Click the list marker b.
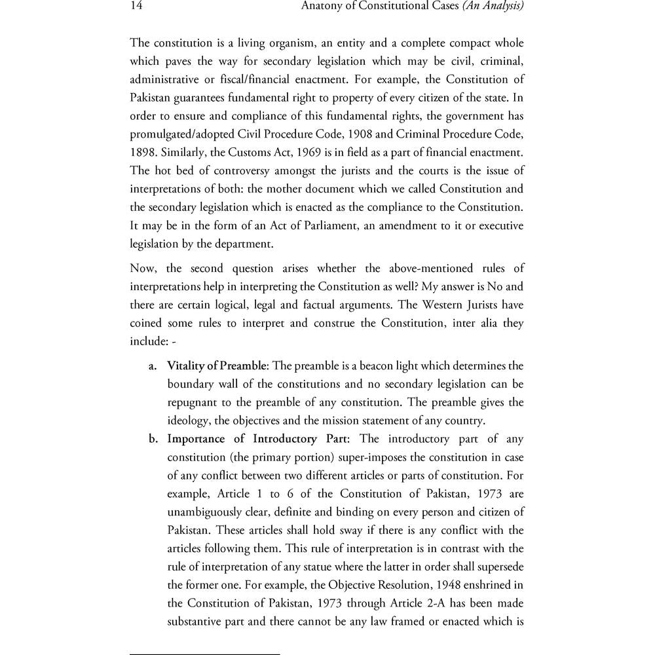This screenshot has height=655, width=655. tap(154, 439)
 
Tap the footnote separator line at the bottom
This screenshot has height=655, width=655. tap(205, 654)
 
